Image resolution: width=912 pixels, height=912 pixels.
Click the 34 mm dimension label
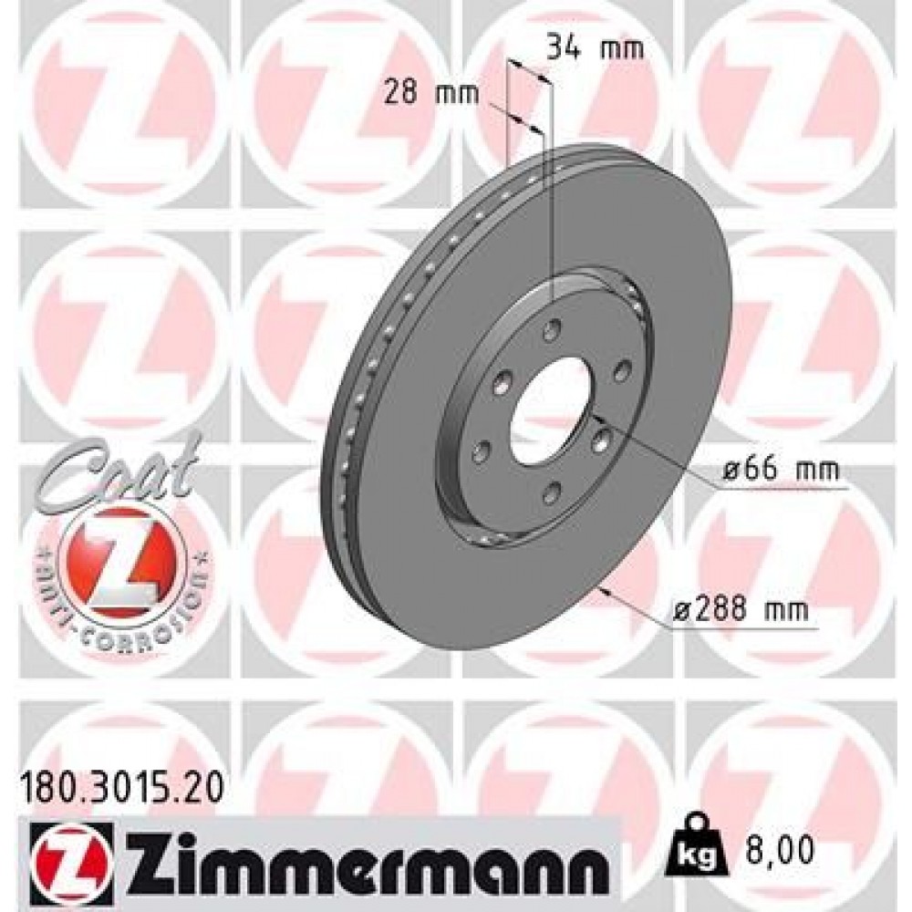pos(595,47)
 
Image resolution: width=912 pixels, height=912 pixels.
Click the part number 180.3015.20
pos(119,782)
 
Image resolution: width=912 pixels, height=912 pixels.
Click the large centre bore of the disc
pos(553,409)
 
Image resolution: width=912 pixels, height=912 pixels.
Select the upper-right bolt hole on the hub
pos(623,369)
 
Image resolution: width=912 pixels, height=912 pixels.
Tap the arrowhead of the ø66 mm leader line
pos(597,417)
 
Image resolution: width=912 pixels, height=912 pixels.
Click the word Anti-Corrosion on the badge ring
pos(119,602)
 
